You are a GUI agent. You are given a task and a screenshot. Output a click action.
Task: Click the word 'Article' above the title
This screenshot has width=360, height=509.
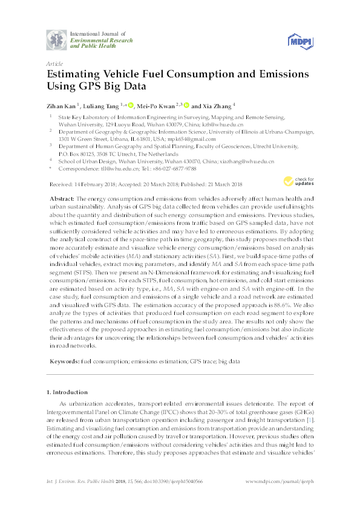click(x=54, y=63)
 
